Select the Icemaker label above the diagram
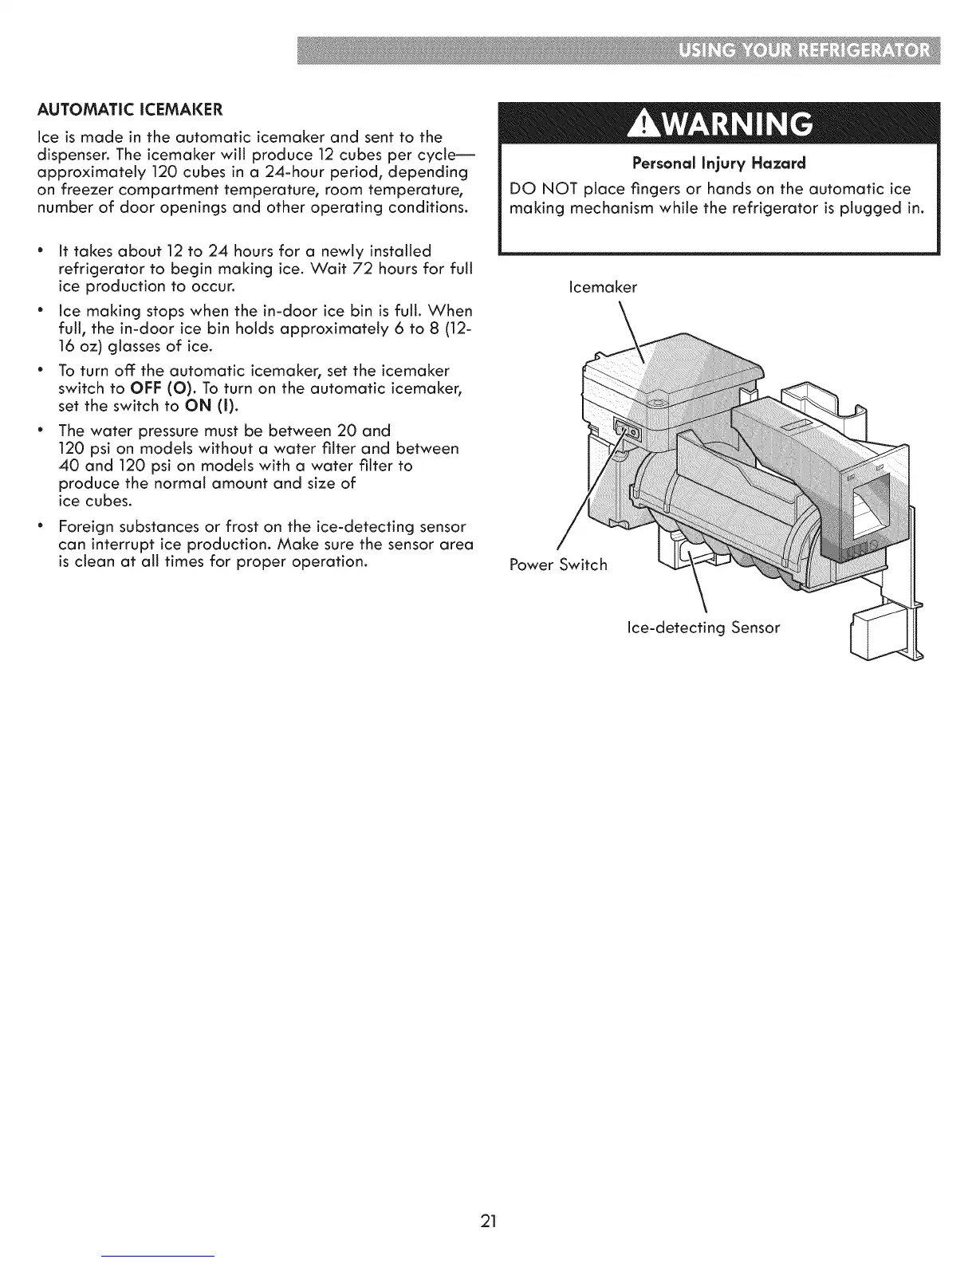pyautogui.click(x=604, y=287)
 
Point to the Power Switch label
pyautogui.click(x=558, y=565)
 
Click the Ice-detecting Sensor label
pyautogui.click(x=703, y=628)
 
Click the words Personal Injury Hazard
pyautogui.click(x=718, y=163)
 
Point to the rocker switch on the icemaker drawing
pyautogui.click(x=628, y=432)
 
